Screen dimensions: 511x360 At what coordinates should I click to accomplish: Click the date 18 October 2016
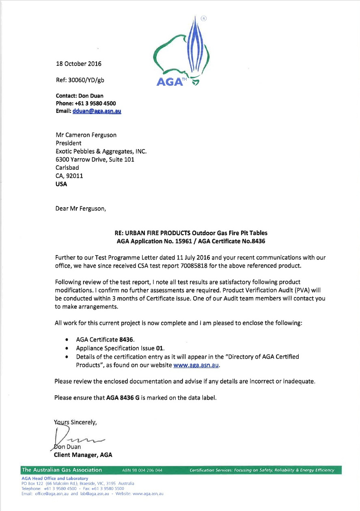tap(78, 64)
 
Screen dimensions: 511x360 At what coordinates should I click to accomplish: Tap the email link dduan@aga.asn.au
tap(97, 111)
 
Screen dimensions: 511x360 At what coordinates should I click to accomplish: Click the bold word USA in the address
tap(61, 184)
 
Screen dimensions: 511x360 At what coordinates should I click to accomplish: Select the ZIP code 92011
tap(75, 175)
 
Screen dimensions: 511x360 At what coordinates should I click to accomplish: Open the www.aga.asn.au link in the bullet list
tap(196, 365)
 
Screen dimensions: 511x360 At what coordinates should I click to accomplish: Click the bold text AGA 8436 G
tap(123, 398)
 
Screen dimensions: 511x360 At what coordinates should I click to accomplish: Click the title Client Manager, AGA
tap(83, 455)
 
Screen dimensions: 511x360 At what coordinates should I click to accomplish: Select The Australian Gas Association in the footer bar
tap(62, 470)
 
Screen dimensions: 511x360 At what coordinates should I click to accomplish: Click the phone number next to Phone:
tap(97, 103)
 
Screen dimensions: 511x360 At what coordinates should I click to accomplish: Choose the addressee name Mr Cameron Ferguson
tap(86, 135)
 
